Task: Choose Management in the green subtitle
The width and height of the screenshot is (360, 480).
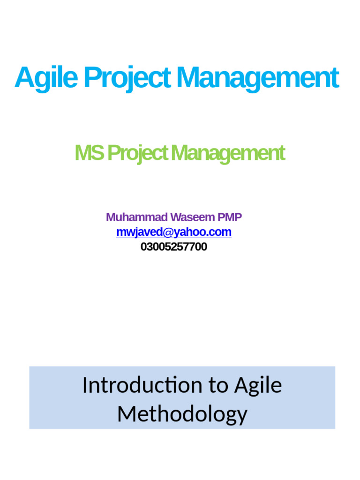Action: click(228, 153)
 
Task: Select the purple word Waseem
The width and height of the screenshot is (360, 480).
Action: click(192, 217)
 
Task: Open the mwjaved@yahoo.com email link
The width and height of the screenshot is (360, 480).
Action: click(173, 232)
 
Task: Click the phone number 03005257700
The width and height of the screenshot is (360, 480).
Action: click(173, 247)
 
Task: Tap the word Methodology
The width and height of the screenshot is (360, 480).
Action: click(182, 414)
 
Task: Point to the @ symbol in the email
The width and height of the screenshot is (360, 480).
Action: click(163, 232)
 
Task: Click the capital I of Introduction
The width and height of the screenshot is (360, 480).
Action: click(85, 385)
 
